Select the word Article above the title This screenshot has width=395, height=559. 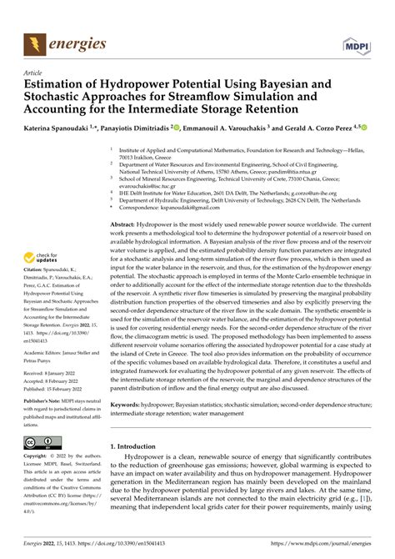tap(34, 72)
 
